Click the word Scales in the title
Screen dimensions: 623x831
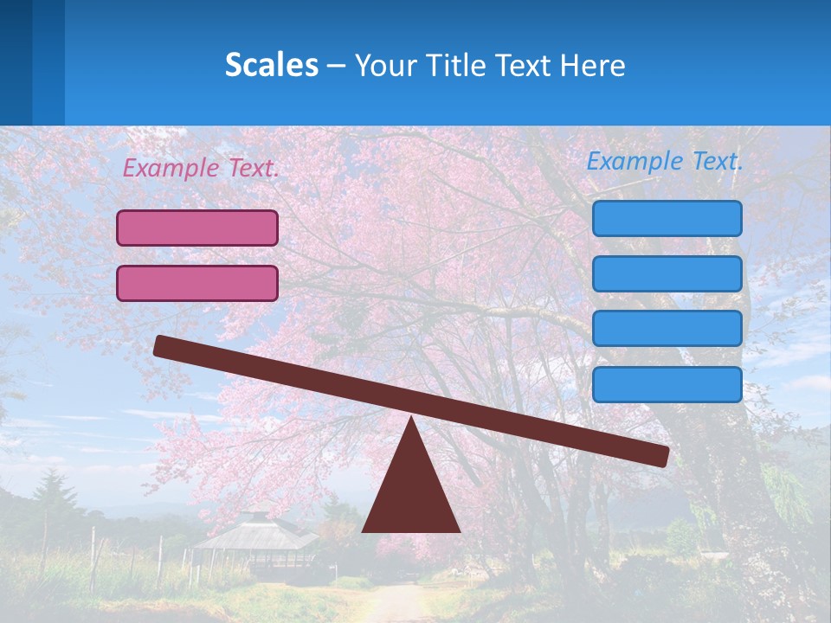(x=271, y=65)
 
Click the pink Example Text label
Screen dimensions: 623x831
(x=201, y=168)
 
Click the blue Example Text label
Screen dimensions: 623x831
(x=665, y=161)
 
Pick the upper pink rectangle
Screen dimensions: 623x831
(x=197, y=228)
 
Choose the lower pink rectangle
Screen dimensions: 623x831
(x=197, y=283)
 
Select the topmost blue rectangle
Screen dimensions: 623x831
(x=667, y=218)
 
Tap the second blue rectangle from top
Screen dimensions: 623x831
(x=667, y=273)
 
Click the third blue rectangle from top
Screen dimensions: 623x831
(x=667, y=328)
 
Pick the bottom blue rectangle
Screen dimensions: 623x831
(x=667, y=384)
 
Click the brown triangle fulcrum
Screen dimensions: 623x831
(x=410, y=493)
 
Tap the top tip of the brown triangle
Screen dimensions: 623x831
(x=410, y=421)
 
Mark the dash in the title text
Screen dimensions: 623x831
(x=336, y=66)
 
